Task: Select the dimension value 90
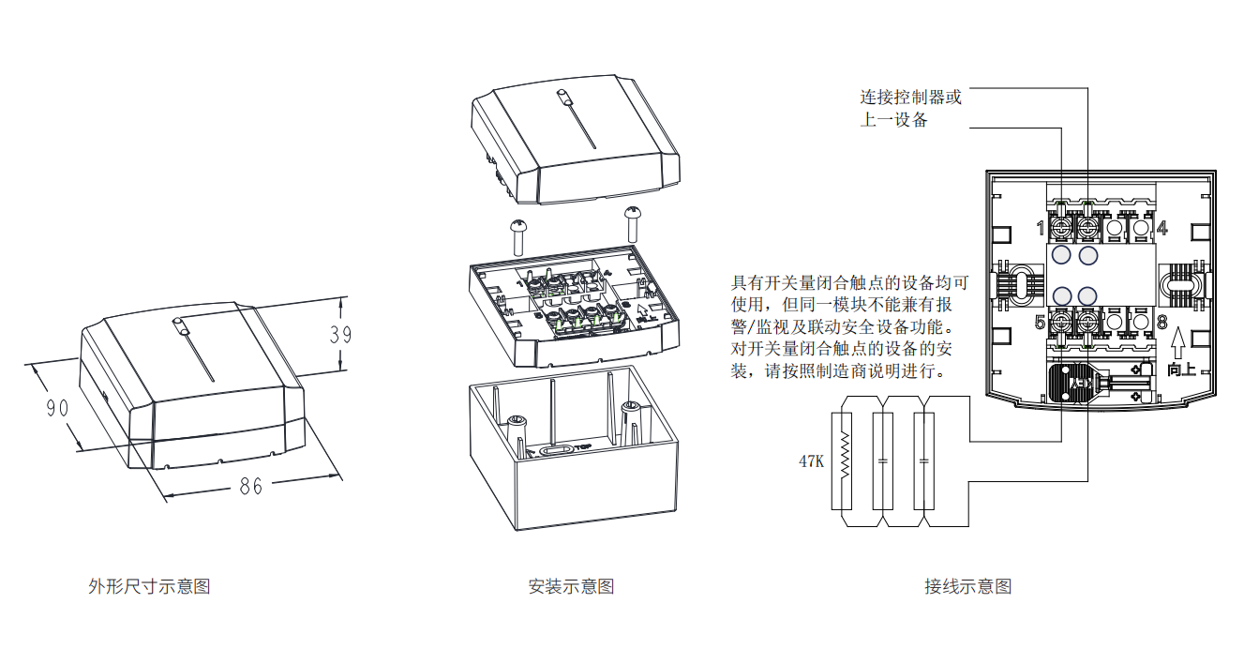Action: click(57, 409)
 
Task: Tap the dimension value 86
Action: click(250, 486)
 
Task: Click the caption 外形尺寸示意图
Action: click(149, 587)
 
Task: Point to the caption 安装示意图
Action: click(571, 587)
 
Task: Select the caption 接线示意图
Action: click(968, 587)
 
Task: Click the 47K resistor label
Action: click(811, 461)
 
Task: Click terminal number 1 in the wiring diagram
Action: click(1042, 229)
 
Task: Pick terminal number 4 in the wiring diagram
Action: click(1162, 228)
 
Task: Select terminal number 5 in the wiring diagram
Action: click(1041, 323)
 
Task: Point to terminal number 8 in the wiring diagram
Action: click(1162, 323)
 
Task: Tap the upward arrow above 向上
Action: click(1181, 347)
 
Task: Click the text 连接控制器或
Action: click(911, 97)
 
